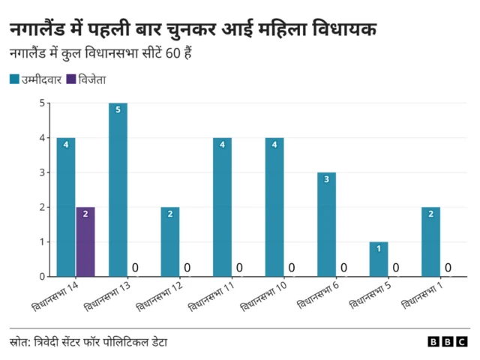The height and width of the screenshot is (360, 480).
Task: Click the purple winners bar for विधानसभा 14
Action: click(85, 241)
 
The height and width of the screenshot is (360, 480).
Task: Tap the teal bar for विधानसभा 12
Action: click(170, 241)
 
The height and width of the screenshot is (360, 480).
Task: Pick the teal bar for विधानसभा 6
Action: click(326, 224)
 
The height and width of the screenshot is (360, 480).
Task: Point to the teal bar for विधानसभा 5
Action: click(379, 259)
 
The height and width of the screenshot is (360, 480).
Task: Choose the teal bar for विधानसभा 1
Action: click(430, 241)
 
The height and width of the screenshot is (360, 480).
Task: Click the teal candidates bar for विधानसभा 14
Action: click(66, 207)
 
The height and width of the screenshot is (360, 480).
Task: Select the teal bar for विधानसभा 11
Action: click(222, 207)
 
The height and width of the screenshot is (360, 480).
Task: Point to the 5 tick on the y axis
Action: click(42, 103)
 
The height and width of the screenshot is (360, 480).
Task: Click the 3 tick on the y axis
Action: click(42, 172)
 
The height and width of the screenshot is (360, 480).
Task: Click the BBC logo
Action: click(448, 342)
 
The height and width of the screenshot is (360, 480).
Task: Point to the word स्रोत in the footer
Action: click(20, 342)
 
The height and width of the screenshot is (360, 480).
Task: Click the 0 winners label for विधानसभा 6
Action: click(344, 268)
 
